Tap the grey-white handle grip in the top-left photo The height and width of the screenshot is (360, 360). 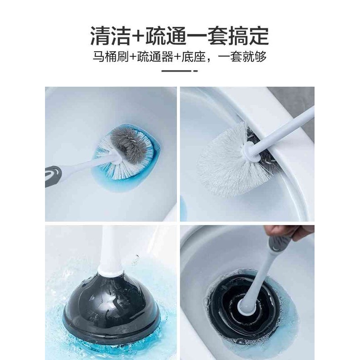point(58,173)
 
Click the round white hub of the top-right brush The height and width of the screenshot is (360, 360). point(250,152)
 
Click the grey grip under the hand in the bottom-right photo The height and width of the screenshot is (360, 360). point(274,245)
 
